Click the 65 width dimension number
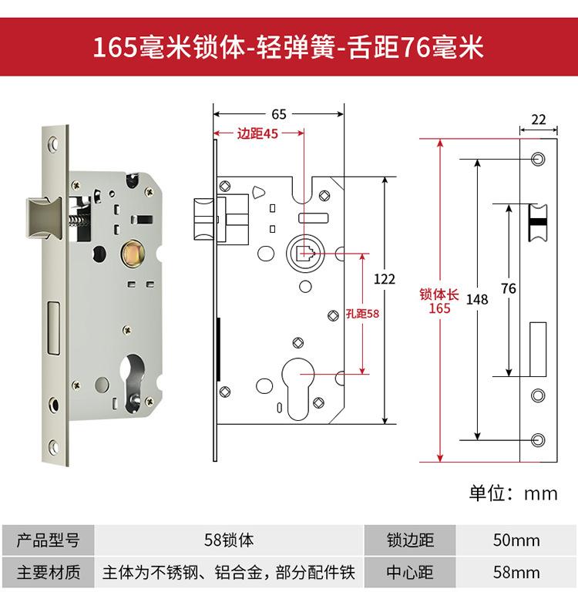(278, 114)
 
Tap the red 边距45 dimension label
(258, 133)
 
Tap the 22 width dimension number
(538, 119)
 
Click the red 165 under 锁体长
(440, 309)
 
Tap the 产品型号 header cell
(48, 540)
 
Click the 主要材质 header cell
(48, 573)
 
